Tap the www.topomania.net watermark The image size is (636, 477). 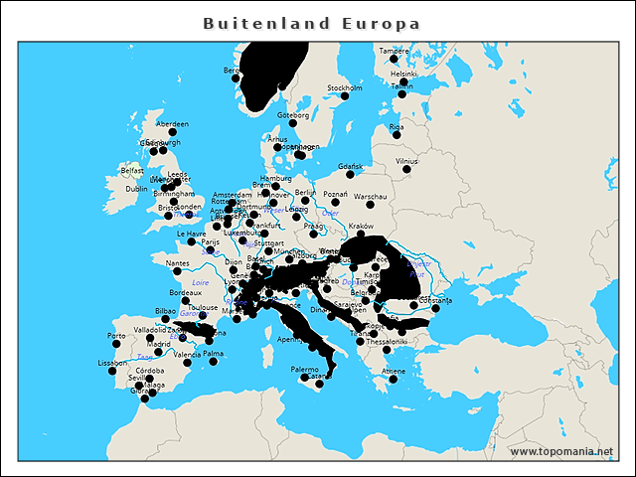[x=561, y=452]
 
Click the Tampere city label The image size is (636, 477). [x=394, y=51]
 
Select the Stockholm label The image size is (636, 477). [x=345, y=88]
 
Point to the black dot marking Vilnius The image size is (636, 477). [x=405, y=170]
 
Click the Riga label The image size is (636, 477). [x=397, y=127]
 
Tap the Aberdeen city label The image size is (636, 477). [x=172, y=124]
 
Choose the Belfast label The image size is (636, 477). [x=132, y=170]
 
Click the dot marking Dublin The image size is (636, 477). [x=154, y=180]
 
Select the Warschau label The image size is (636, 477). [x=370, y=197]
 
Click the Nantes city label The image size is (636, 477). [x=179, y=263]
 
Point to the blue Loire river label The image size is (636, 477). [x=200, y=282]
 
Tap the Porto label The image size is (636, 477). [x=116, y=335]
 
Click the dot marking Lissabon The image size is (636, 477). [x=112, y=372]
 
